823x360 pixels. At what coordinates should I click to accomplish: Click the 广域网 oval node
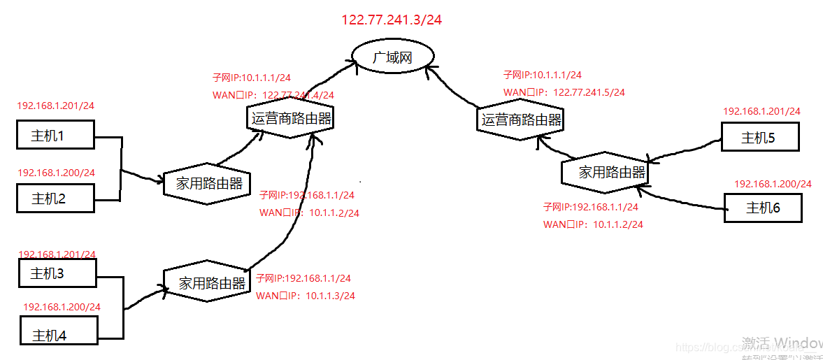coord(392,57)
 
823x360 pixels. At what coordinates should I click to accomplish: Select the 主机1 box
coord(55,135)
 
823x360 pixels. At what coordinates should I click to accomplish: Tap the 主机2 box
coord(55,198)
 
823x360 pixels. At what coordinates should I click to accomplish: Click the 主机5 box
coord(759,137)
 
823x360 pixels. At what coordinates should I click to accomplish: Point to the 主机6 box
coord(763,208)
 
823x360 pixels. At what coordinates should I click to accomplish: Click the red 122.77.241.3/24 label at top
coord(392,20)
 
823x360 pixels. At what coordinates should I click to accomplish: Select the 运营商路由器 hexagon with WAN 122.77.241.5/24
coord(521,120)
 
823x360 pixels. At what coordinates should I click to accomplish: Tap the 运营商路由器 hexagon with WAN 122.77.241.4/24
coord(290,119)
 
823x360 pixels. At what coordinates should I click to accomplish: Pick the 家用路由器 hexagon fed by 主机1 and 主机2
coord(208,184)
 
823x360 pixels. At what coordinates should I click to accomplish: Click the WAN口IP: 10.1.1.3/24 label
coord(306,296)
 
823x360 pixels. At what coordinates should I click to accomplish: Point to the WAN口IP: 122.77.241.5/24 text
coord(564,92)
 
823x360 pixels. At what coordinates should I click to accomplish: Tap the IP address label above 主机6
coord(773,184)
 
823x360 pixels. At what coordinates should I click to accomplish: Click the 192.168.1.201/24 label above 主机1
coord(56,106)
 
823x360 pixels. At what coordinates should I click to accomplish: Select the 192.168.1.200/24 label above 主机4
coord(62,307)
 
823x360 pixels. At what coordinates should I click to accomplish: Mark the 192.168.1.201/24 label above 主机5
coord(761,110)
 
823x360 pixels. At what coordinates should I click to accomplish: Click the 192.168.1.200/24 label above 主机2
coord(56,172)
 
